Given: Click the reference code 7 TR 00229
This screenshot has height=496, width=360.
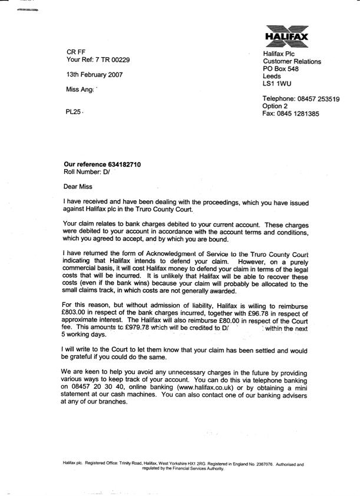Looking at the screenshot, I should coord(114,60).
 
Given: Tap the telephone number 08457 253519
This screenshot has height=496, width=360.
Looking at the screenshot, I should coord(318,99).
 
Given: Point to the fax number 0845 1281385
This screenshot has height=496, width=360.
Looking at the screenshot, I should coord(299,114).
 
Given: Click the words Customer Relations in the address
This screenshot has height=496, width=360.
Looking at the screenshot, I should coord(293,61).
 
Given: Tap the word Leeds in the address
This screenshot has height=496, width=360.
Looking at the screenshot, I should coord(273,76).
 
